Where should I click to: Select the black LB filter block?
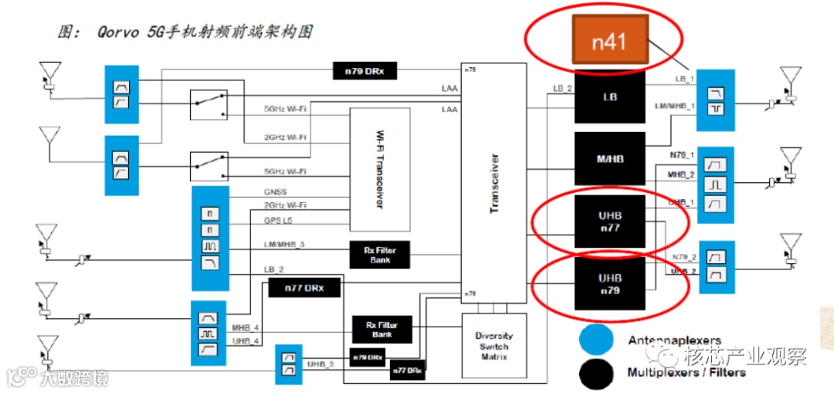(609, 97)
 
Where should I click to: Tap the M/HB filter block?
(609, 159)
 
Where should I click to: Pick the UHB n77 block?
(609, 222)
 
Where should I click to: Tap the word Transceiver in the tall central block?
(494, 182)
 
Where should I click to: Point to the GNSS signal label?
(276, 191)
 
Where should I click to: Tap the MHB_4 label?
(246, 328)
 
